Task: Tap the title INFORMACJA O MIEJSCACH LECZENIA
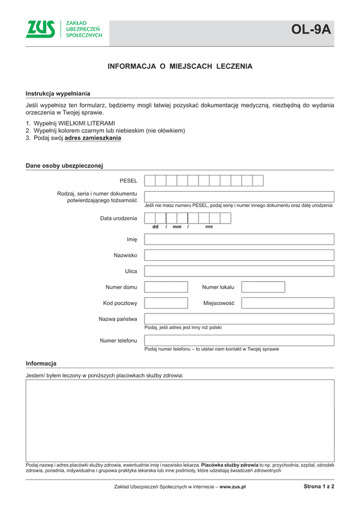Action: point(179,67)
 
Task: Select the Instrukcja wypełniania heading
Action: point(58,94)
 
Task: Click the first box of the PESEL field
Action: point(150,180)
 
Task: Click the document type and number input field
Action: point(239,197)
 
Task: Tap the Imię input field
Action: point(239,239)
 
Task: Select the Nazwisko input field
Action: point(239,255)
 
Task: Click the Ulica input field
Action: point(239,271)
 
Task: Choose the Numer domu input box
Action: point(166,287)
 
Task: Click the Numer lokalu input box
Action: point(263,287)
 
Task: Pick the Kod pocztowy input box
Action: point(166,303)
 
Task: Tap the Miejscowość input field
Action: point(287,303)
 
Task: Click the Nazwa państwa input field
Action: point(239,319)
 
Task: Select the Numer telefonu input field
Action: point(239,341)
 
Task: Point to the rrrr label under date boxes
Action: point(209,227)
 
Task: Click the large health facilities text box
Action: point(179,420)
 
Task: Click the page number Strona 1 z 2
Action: point(319,487)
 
